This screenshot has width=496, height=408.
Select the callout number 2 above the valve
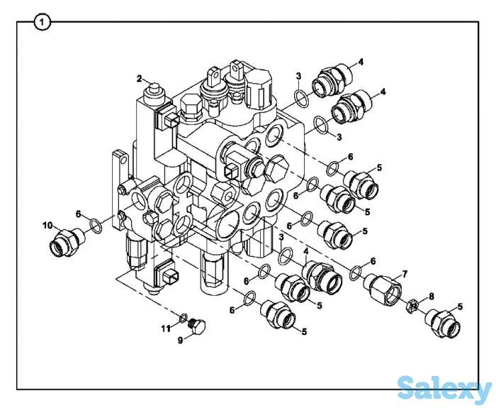click(140, 78)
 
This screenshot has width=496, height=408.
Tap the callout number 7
click(405, 273)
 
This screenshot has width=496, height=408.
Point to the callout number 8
click(431, 297)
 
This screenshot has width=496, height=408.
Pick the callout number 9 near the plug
click(180, 340)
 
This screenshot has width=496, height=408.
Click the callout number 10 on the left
click(47, 226)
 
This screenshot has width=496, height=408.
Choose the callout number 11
click(165, 329)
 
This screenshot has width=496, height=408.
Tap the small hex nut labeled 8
click(410, 307)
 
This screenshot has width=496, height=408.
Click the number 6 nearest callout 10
click(79, 213)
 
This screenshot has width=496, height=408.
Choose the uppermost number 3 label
click(298, 76)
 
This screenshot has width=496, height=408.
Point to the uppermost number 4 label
click(361, 62)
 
